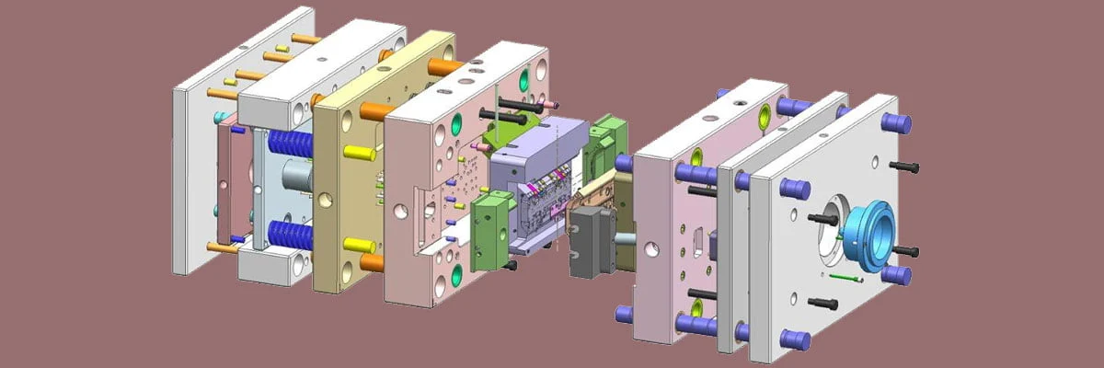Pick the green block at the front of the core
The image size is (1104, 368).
(489, 230)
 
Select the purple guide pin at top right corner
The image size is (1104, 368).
(896, 122)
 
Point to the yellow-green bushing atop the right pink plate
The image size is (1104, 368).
(764, 115)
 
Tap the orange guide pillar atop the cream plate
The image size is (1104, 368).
(447, 67)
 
